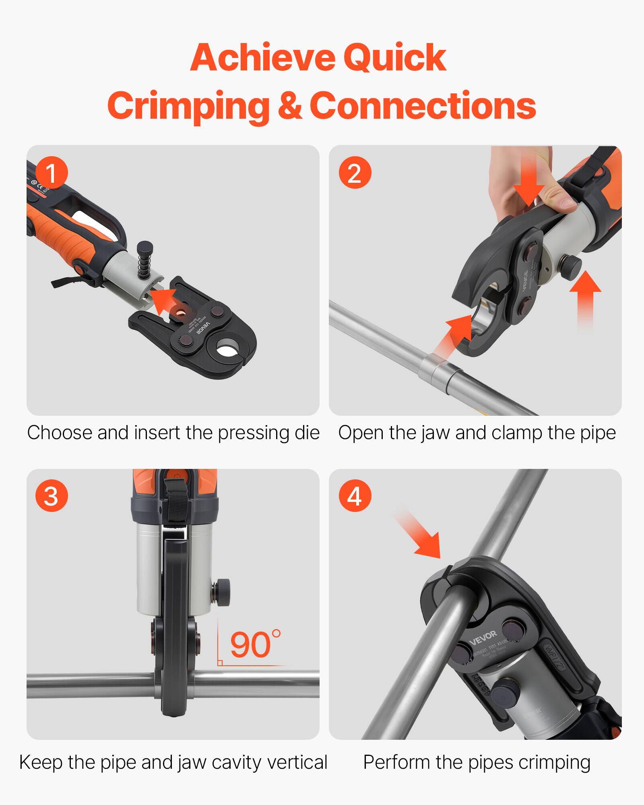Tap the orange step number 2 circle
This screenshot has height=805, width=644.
(354, 173)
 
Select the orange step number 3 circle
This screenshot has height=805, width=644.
(52, 496)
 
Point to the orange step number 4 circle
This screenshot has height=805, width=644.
(354, 496)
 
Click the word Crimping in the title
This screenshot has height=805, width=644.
(188, 106)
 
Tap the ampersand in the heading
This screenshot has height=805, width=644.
(290, 105)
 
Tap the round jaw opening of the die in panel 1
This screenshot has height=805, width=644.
(227, 347)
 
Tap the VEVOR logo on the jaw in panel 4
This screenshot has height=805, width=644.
(483, 636)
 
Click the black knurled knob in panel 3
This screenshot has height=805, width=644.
(223, 591)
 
